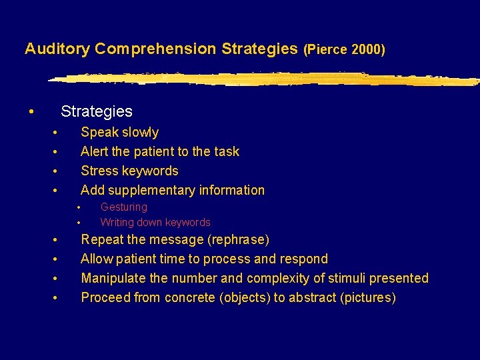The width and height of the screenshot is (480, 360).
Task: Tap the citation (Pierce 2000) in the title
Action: pyautogui.click(x=344, y=49)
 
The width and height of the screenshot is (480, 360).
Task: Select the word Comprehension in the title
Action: pyautogui.click(x=155, y=49)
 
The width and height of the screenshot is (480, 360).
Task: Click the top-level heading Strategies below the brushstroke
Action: pyautogui.click(x=97, y=111)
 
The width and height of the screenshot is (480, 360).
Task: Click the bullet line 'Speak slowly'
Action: pyautogui.click(x=119, y=132)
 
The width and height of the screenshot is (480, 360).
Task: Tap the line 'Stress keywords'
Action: pyautogui.click(x=129, y=171)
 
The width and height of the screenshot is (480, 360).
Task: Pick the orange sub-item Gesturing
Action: pyautogui.click(x=124, y=207)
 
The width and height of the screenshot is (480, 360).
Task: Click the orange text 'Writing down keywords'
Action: pyautogui.click(x=155, y=223)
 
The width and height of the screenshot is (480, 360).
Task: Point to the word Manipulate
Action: pyautogui.click(x=112, y=278)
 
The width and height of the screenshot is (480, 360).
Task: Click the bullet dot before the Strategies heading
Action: pyautogui.click(x=31, y=111)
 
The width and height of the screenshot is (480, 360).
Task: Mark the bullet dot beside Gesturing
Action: pyautogui.click(x=78, y=207)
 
